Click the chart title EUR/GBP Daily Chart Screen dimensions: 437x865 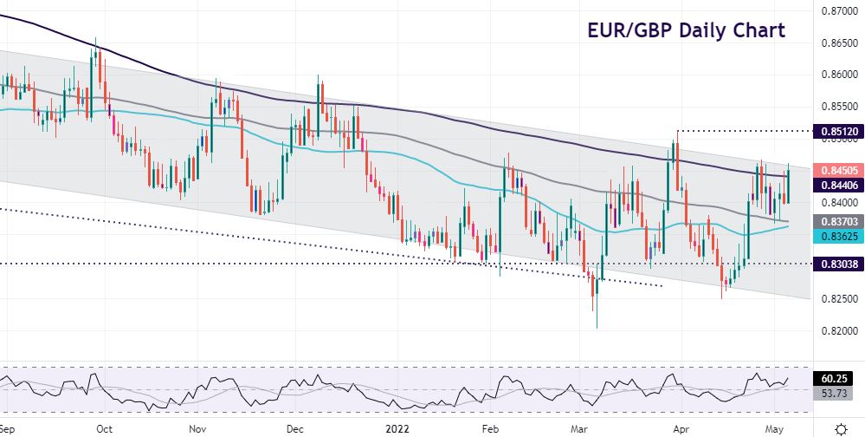click(686, 30)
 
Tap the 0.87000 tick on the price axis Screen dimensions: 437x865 click(838, 11)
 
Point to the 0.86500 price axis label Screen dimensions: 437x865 click(838, 42)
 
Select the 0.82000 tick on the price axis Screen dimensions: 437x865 click(838, 331)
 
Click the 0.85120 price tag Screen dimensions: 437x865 click(838, 131)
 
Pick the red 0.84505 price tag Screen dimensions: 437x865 click(838, 172)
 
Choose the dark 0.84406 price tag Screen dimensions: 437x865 click(838, 185)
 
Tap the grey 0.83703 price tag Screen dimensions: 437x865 click(838, 222)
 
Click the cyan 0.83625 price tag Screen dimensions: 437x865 click(838, 235)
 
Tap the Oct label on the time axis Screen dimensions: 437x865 click(105, 428)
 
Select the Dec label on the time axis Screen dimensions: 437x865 click(294, 428)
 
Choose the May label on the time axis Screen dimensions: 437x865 click(773, 428)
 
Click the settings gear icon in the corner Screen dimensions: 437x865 click(839, 428)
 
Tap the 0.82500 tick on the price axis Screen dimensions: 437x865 click(838, 299)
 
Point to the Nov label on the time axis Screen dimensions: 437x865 click(197, 428)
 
